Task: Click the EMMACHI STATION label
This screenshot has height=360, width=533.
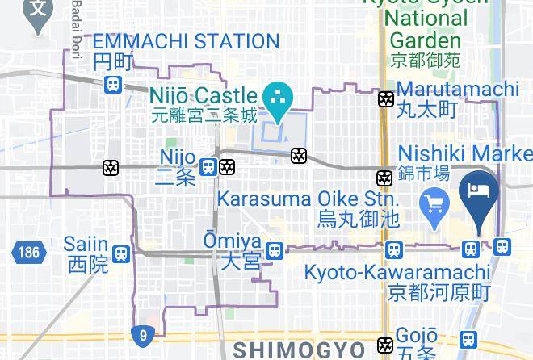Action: click(186, 41)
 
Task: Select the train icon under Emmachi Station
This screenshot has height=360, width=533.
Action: click(113, 83)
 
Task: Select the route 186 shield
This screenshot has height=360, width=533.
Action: click(26, 253)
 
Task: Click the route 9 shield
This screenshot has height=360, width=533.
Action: click(142, 333)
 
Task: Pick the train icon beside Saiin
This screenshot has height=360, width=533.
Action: click(121, 253)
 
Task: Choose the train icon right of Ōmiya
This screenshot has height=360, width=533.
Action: click(275, 250)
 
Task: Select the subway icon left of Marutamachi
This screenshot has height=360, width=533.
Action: click(387, 99)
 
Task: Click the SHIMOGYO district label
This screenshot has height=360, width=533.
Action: click(299, 350)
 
